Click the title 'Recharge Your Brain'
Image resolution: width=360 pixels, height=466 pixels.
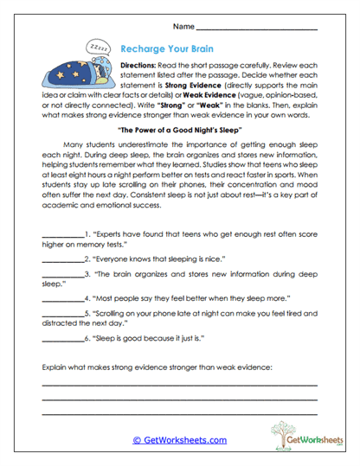(170, 50)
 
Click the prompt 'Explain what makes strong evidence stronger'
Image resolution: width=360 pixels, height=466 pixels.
(156, 367)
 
